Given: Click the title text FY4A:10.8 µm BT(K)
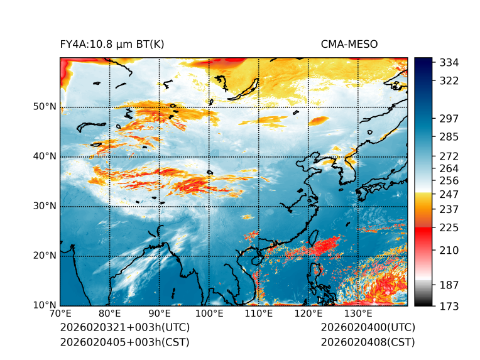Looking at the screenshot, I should pos(112,45).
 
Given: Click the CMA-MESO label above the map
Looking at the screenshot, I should pos(349,45).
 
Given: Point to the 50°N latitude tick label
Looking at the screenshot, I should pos(45,107).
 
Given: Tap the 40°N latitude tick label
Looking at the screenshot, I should pos(45,156).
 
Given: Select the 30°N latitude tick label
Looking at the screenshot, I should pos(45,206).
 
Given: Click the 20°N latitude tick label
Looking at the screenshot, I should pos(45,256).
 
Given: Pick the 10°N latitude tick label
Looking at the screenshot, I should pos(45,305).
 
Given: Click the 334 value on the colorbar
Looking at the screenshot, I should pos(449,63).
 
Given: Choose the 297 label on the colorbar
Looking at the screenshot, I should pos(449,119).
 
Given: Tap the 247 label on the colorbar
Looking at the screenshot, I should pos(449,194).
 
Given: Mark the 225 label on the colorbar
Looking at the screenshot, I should pos(449,227).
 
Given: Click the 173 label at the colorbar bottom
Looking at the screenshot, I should pos(449,306).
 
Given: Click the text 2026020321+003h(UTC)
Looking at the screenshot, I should pos(124,328).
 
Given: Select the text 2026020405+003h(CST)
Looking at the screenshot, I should pos(124,342).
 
